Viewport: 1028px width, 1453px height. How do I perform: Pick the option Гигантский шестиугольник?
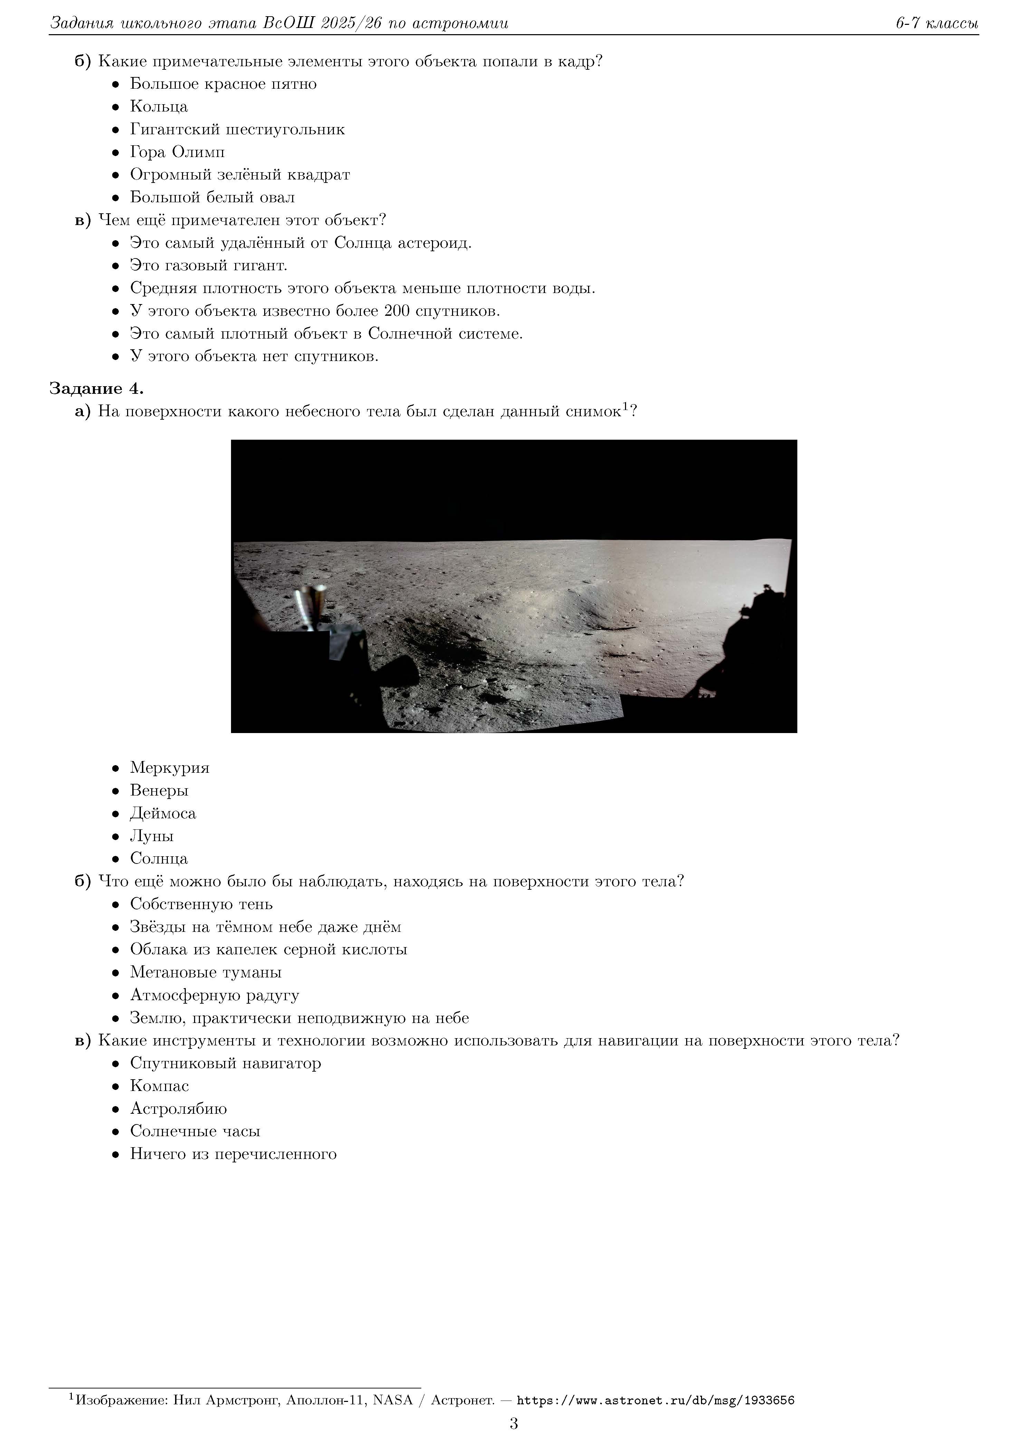click(237, 129)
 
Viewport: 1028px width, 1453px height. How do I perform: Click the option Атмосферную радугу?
click(214, 995)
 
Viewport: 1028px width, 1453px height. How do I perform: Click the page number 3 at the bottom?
click(513, 1424)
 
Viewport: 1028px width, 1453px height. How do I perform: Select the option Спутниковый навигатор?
click(225, 1063)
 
